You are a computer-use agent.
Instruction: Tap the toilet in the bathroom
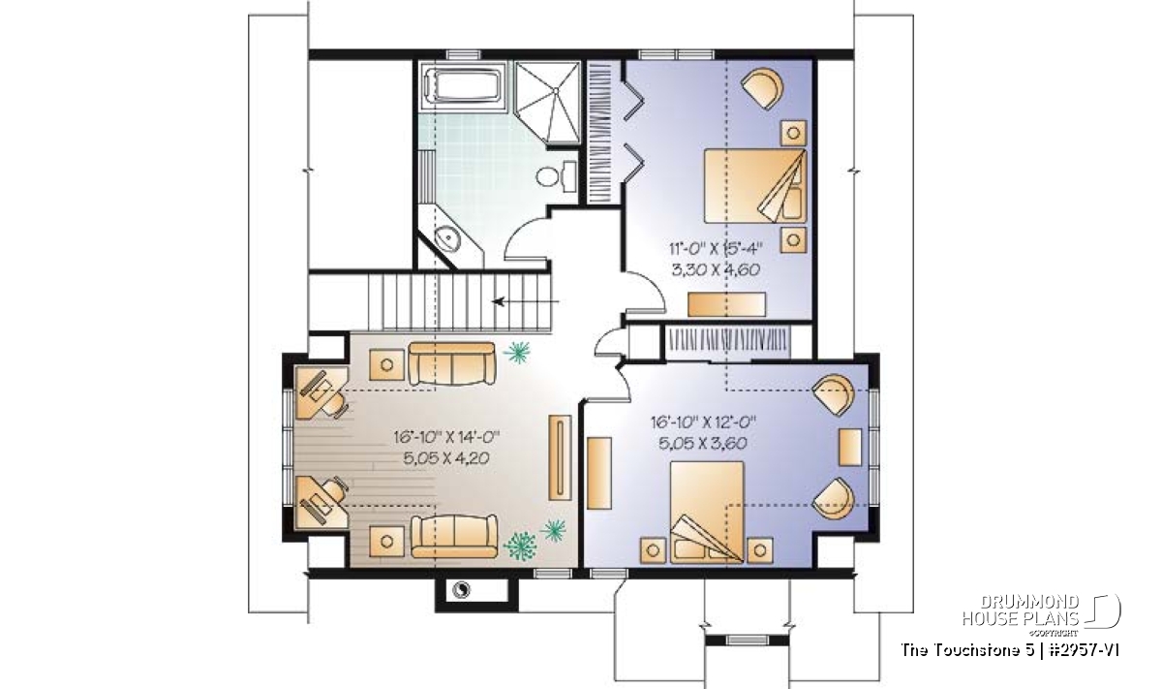556,175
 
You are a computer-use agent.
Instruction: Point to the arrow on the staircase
526,301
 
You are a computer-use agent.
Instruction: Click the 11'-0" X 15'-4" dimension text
716,249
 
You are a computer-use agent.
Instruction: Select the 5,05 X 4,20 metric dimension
446,458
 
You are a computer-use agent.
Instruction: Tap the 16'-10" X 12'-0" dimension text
703,423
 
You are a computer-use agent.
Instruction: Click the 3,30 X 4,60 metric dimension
716,269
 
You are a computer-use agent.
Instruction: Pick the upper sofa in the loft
452,363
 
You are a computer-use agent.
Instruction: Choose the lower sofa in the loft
454,536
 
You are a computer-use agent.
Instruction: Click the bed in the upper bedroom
755,186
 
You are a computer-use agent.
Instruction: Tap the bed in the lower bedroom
707,512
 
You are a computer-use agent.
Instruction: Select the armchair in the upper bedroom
762,89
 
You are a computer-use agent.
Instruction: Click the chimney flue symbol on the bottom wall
461,589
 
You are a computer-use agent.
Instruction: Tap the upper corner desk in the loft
321,392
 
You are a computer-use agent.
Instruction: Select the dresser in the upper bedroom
726,304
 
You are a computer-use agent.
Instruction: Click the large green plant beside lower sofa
520,546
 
